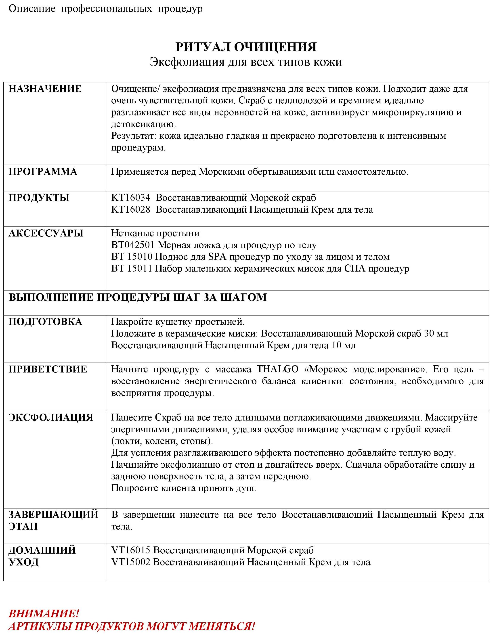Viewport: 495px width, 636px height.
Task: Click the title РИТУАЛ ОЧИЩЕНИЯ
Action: point(246,47)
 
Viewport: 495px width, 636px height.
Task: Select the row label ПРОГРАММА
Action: point(43,172)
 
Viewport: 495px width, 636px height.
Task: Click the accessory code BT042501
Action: point(133,245)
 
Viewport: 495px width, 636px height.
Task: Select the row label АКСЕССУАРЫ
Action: point(46,233)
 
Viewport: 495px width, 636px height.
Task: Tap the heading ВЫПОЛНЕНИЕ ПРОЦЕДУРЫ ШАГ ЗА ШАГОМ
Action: point(138,297)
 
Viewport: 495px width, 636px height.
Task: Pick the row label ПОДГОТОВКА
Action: point(45,322)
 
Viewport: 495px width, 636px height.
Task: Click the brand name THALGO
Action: point(277,369)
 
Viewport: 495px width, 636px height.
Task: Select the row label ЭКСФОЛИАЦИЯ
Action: point(51,417)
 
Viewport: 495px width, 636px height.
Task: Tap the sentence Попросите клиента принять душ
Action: point(184,488)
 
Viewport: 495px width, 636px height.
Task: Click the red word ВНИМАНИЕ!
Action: point(44,614)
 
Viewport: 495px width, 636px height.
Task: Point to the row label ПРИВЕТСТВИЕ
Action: point(48,369)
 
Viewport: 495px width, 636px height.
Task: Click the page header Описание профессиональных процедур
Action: point(105,9)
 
